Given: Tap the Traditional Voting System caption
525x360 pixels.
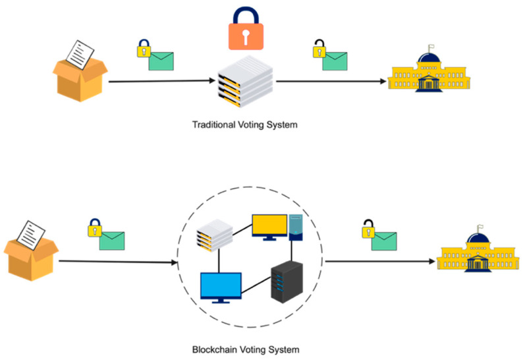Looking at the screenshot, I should tap(240, 124).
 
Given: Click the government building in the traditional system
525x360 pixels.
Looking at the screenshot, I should tap(431, 75).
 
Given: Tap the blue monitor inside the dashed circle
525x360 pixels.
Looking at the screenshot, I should tap(221, 287).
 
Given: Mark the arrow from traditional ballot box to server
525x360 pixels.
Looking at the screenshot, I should tap(161, 82).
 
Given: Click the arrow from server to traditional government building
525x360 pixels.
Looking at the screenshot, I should tap(329, 82).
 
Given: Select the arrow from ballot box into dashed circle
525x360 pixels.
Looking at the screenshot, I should tap(119, 261).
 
